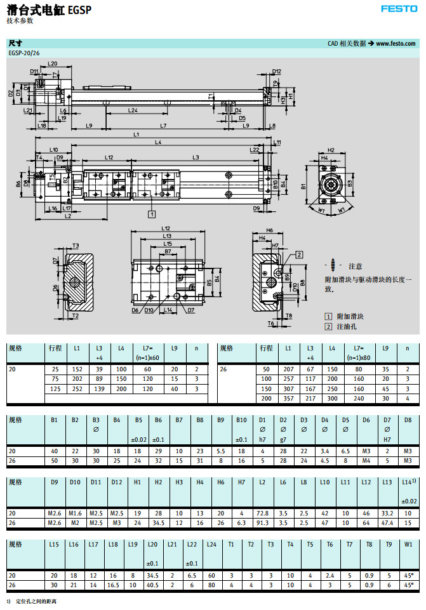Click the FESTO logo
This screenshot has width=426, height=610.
pyautogui.click(x=399, y=9)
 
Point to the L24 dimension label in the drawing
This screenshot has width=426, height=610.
pyautogui.click(x=133, y=110)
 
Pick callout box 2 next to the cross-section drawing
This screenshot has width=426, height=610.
pyautogui.click(x=298, y=254)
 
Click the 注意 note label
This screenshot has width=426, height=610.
pyautogui.click(x=356, y=266)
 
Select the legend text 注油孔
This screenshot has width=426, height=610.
pyautogui.click(x=346, y=326)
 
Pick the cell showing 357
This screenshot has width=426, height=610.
pyautogui.click(x=289, y=398)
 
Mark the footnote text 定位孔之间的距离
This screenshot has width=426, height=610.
pyautogui.click(x=36, y=600)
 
